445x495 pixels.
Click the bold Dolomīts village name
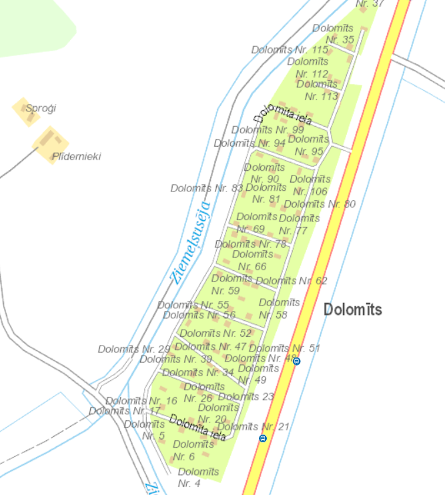pos(352,310)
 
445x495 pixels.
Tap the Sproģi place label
pos(41,108)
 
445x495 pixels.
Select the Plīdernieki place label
pos(76,156)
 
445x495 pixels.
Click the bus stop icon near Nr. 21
pos(263,438)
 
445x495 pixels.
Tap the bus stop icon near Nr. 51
pos(297,361)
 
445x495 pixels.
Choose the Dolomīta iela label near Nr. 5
pos(197,427)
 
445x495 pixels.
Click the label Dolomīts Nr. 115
pos(290,50)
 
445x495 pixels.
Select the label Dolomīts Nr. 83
pos(207,188)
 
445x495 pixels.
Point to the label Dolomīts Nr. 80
pos(320,204)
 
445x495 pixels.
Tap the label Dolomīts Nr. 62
pos(292,281)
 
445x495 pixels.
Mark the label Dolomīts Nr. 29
pos(134,349)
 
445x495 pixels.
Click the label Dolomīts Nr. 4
pos(199,477)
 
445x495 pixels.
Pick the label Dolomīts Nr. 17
pos(125,411)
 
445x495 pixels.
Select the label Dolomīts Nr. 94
pos(250,143)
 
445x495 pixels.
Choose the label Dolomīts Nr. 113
pos(318,90)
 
